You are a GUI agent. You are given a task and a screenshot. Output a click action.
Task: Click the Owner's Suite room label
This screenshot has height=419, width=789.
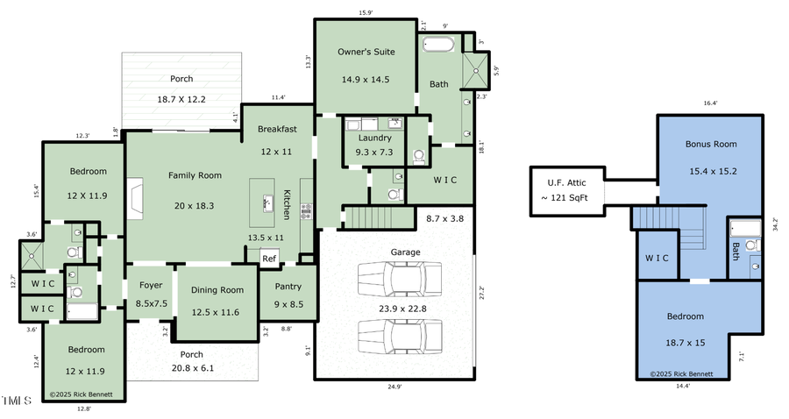tap(366, 52)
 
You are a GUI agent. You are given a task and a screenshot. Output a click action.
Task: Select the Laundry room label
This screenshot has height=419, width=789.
tap(374, 138)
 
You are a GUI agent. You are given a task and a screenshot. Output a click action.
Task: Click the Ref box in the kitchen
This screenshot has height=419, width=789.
tap(270, 259)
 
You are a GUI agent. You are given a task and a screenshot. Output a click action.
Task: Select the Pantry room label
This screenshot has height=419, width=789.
tap(288, 286)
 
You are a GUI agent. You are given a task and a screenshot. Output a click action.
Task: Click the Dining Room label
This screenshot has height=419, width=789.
tap(217, 290)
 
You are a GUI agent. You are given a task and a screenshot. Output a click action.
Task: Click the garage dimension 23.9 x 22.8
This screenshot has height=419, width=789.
tap(402, 309)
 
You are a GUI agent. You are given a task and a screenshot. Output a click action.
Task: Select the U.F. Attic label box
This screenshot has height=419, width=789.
tap(566, 189)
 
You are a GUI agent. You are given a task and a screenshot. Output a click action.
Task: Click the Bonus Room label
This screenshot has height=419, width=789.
tap(710, 144)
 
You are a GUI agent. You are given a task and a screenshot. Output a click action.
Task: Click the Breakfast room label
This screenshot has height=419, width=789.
tap(277, 129)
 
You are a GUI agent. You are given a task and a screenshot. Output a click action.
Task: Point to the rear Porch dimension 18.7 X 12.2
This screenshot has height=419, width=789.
tap(181, 100)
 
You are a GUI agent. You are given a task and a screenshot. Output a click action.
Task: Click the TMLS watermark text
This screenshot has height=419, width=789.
tap(16, 401)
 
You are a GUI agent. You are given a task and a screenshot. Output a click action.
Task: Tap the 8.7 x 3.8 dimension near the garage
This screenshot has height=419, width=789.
tap(444, 217)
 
